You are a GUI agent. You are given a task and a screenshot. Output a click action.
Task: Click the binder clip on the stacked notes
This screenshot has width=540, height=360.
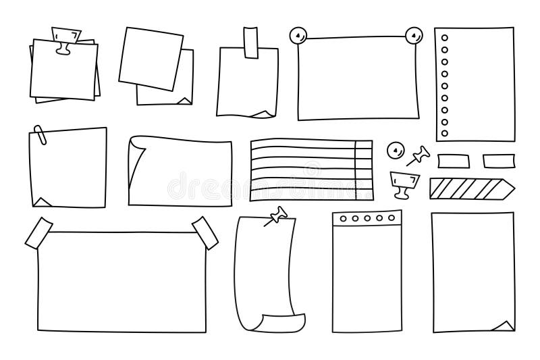66,38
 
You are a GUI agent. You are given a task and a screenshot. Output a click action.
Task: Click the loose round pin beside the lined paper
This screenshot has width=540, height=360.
394,149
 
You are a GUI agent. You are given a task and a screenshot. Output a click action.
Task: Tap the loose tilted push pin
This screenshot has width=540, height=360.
418,157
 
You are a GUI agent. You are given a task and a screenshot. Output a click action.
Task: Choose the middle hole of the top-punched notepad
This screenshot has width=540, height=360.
367,219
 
